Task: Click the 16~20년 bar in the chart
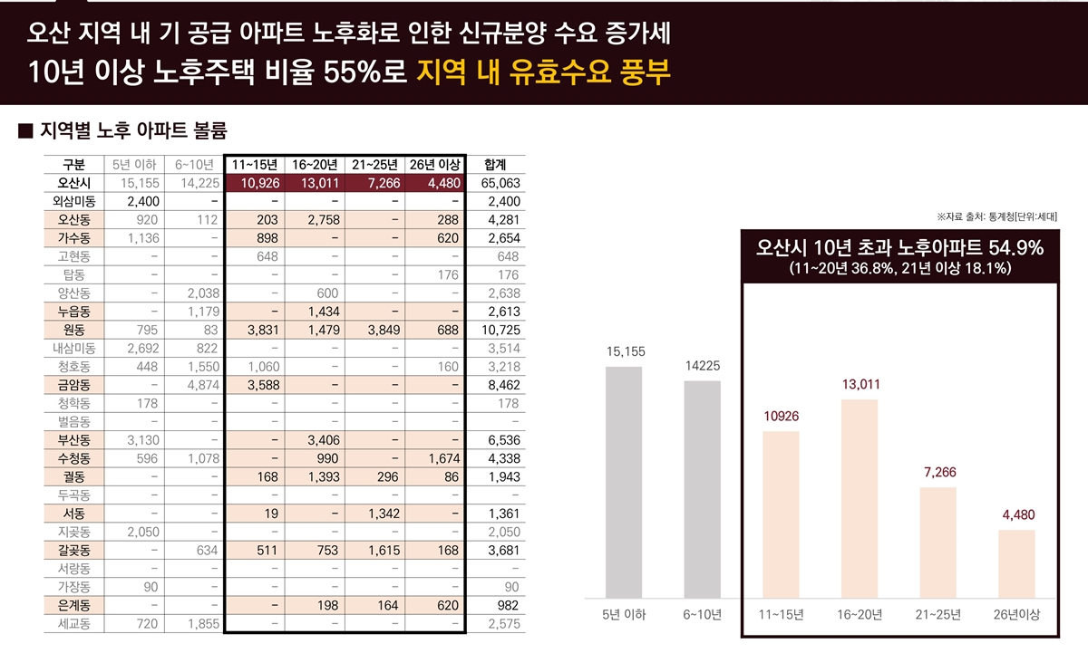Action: click(860, 498)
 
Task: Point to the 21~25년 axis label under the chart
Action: click(937, 615)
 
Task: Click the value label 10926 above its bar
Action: click(780, 417)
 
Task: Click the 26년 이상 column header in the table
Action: click(435, 164)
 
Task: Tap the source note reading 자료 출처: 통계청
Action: click(996, 217)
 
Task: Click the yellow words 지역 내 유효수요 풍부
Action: click(544, 73)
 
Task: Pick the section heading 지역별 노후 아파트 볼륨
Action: click(127, 130)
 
